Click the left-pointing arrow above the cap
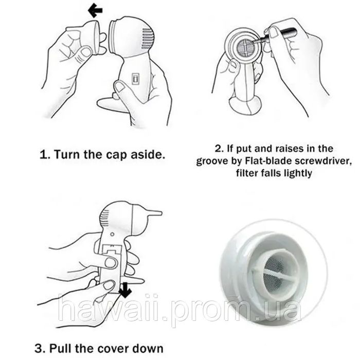95,11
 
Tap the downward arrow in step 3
125,290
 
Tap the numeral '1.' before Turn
45,154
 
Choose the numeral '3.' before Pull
41,349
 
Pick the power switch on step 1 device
135,79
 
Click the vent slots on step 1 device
147,39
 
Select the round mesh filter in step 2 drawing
246,47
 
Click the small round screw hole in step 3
112,235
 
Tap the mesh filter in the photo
275,274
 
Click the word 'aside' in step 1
148,154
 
